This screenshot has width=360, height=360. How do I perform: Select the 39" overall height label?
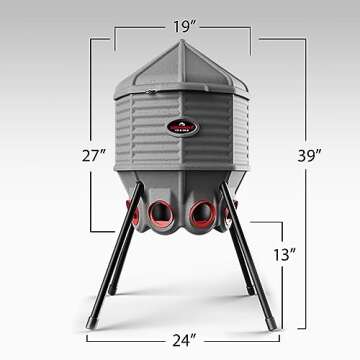tap(310, 155)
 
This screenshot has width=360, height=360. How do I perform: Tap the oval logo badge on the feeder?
tap(181, 127)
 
